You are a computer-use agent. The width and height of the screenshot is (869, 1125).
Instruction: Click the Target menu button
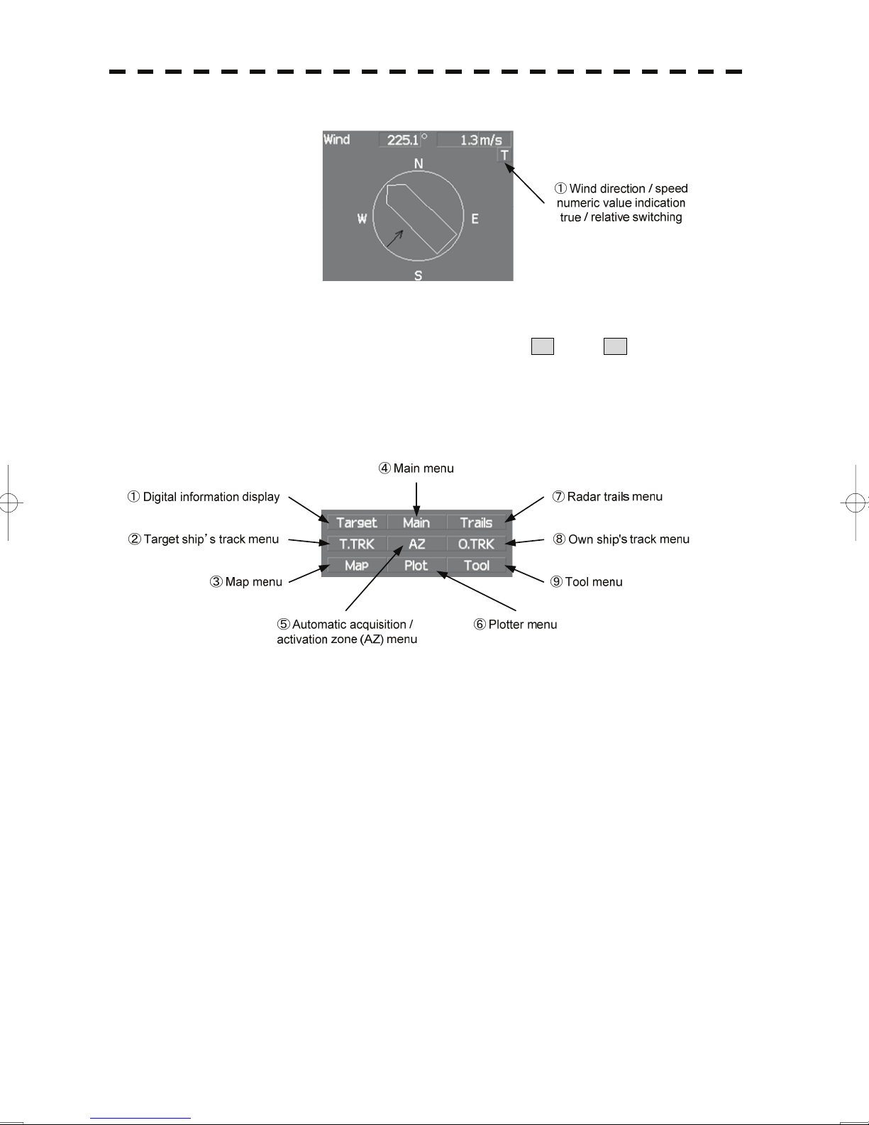coord(357,523)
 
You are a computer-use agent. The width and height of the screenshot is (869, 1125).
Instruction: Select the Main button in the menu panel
coord(416,523)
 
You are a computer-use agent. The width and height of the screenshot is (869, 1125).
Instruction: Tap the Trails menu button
coord(476,523)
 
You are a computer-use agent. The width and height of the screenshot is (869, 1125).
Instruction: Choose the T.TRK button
coord(357,544)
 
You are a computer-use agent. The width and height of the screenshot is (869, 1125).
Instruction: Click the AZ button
coord(416,544)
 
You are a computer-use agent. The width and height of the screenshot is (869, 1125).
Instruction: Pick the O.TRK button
coord(476,544)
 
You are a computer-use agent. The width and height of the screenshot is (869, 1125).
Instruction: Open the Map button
coord(357,566)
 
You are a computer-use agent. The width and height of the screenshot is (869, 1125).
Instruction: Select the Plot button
coord(416,566)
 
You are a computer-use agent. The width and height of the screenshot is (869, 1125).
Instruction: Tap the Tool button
coord(476,566)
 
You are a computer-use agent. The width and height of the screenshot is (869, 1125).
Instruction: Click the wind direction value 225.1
coord(403,140)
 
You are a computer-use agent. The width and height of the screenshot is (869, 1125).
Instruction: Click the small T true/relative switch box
coord(504,155)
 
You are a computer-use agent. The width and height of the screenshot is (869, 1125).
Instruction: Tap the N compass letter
coord(419,164)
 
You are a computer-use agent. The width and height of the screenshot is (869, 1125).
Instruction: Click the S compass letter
coord(419,275)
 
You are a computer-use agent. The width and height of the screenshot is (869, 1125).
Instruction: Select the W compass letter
coord(362,219)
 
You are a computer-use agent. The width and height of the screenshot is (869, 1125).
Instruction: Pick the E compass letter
coord(475,219)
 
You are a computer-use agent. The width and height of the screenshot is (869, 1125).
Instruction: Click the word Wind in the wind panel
coord(337,139)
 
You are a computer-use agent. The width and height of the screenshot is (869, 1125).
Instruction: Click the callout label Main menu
coord(423,468)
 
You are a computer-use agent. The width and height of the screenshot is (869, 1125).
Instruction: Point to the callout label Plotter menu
coord(522,625)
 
